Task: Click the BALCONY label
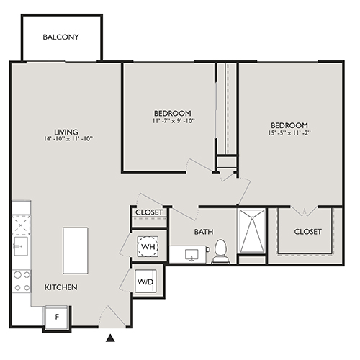coord(60,37)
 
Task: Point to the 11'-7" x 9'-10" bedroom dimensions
coord(173,122)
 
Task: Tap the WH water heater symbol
coord(149,248)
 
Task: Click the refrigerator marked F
coord(57,316)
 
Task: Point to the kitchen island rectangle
coord(76,250)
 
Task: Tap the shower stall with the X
coord(252,232)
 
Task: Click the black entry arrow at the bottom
coord(110,338)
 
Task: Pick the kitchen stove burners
coord(21,280)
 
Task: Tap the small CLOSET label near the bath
coord(149,213)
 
